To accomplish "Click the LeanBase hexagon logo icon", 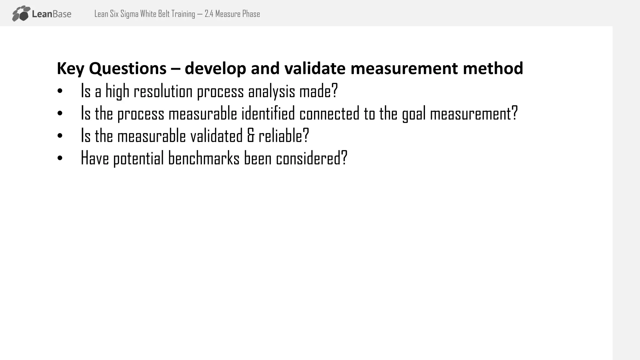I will [21, 13].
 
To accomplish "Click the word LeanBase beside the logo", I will [52, 14].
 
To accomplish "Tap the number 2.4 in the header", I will [209, 14].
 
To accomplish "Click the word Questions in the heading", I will [127, 68].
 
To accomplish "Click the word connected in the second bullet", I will [329, 113].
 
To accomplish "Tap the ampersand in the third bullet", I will [251, 136].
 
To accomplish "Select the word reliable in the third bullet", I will [283, 136].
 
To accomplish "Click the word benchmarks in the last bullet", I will [204, 158].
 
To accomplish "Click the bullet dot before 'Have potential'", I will [60, 158].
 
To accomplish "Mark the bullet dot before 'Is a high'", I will [60, 91].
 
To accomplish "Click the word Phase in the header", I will [251, 14].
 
